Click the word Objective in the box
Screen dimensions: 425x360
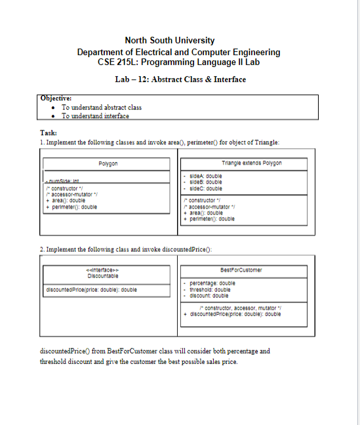[56, 98]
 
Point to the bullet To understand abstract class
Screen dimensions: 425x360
[102, 107]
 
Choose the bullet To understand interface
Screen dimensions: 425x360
[95, 115]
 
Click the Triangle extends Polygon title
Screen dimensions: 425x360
[243, 162]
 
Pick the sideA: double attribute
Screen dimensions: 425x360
[205, 176]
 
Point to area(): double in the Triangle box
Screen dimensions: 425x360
[205, 212]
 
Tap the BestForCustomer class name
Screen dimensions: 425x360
[242, 270]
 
